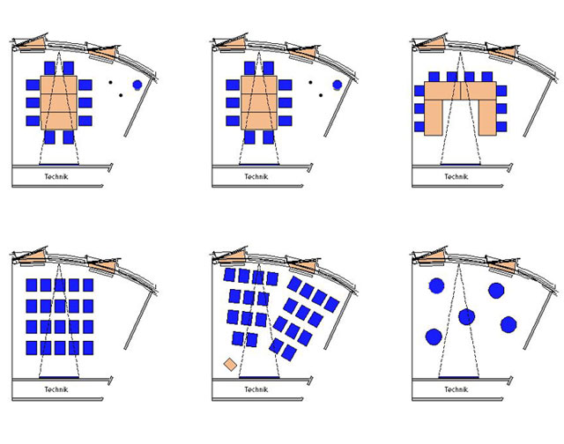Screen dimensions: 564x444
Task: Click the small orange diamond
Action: click(x=230, y=365)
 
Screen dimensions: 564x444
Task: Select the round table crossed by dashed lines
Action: click(x=466, y=317)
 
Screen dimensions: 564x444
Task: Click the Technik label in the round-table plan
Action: click(x=456, y=389)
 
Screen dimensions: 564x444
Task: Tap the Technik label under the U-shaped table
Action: click(x=456, y=176)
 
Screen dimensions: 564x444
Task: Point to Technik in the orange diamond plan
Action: click(x=256, y=389)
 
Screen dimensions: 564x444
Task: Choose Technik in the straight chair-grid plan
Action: click(x=56, y=389)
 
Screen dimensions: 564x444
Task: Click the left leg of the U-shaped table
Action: click(x=433, y=117)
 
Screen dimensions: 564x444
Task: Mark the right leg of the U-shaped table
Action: click(x=487, y=117)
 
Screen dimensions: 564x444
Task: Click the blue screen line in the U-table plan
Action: click(x=460, y=165)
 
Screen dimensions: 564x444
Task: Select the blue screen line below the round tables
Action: click(x=459, y=378)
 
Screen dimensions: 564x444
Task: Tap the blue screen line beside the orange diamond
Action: click(x=259, y=378)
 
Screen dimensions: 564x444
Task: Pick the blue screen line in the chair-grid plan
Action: click(x=59, y=378)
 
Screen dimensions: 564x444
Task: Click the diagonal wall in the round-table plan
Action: click(x=538, y=320)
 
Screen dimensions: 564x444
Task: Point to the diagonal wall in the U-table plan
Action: click(x=538, y=107)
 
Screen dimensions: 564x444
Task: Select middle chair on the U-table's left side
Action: click(x=419, y=108)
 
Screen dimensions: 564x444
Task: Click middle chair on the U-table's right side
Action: click(x=501, y=108)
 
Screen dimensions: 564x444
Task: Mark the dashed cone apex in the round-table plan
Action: click(x=458, y=264)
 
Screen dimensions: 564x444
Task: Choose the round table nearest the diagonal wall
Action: click(x=508, y=324)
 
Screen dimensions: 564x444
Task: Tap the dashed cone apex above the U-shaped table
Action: click(x=460, y=53)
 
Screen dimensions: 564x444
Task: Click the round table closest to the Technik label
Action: click(x=434, y=337)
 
